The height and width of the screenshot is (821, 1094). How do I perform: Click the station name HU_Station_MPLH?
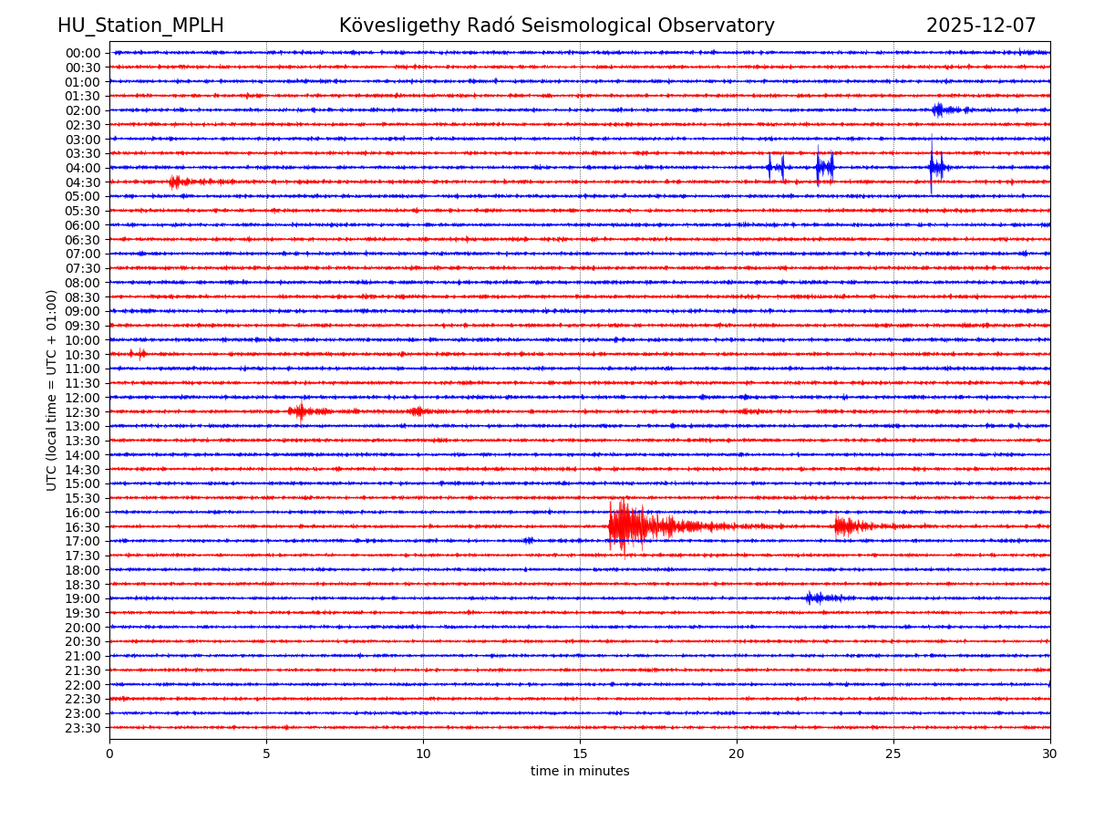click(x=140, y=26)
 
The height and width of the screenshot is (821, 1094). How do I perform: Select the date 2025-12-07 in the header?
click(x=981, y=26)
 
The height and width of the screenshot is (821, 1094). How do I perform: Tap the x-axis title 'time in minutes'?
click(x=580, y=772)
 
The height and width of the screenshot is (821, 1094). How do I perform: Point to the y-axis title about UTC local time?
click(x=52, y=390)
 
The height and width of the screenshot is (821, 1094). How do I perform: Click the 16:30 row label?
click(x=83, y=527)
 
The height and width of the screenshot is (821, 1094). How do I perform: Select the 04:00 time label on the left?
click(x=83, y=168)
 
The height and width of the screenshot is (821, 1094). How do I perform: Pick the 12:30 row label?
click(x=83, y=412)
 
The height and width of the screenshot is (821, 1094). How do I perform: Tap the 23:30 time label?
click(x=83, y=728)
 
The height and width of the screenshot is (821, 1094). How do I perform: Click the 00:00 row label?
click(x=83, y=53)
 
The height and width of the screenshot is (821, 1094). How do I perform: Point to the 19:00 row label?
click(x=83, y=598)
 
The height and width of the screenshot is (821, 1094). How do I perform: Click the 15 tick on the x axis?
click(x=580, y=753)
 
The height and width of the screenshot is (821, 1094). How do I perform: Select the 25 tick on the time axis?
click(x=893, y=753)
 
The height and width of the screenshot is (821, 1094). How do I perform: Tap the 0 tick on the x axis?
click(x=109, y=753)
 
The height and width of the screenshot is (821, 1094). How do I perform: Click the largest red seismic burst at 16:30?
click(x=629, y=526)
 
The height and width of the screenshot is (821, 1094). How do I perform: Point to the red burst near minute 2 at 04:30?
click(x=178, y=182)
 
